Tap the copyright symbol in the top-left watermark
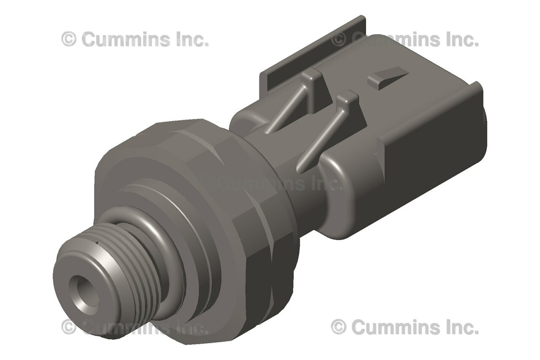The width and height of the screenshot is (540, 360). pos(69,39)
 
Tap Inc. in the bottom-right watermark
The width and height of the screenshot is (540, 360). pos(462,327)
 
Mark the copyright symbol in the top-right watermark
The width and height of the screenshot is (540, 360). pos(339,39)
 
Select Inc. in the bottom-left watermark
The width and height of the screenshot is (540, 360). pos(192,327)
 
